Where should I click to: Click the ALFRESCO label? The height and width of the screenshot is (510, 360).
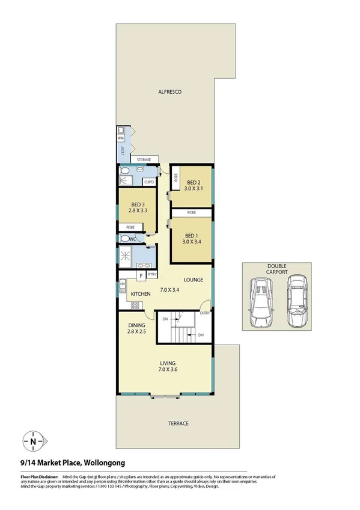169,92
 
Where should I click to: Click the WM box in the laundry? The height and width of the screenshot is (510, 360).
121,138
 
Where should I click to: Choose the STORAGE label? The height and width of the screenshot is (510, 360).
144,159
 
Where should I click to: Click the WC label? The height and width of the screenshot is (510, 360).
133,238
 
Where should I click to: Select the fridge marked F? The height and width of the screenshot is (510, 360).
140,277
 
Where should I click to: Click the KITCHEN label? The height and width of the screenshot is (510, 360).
141,293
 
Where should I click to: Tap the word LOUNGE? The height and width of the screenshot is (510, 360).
193,280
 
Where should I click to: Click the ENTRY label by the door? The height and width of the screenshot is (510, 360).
206,313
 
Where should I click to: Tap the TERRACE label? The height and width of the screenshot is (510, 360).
178,423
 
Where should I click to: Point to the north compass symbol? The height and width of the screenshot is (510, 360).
32,441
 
